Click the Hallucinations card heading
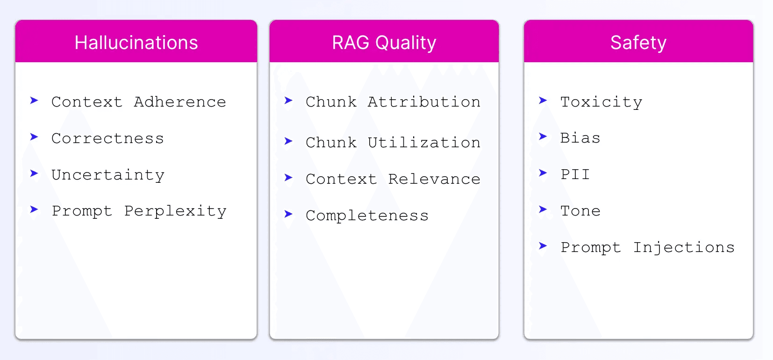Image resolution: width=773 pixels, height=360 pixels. pos(136,43)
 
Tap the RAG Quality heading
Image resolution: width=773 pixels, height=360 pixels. pos(384,43)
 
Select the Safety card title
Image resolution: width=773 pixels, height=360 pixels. pos(638,43)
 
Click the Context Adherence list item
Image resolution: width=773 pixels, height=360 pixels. pos(139,102)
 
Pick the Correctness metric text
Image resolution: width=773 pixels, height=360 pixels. pos(107,138)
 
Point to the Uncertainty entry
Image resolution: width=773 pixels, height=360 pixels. pos(108,175)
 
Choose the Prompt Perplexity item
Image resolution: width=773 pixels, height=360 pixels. pos(139,211)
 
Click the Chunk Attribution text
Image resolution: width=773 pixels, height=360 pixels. pos(393,102)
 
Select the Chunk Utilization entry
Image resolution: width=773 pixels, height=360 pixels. pos(393,143)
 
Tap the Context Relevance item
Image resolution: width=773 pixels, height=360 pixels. pos(393,179)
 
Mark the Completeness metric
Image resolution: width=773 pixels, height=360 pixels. pos(367,216)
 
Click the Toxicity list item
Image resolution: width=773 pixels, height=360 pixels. pos(601,102)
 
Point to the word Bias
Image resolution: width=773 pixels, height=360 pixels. pos(580,138)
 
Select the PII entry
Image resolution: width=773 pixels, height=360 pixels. pos(575,174)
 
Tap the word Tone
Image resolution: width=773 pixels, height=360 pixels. pos(580,211)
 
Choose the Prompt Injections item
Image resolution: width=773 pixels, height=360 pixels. pos(648,247)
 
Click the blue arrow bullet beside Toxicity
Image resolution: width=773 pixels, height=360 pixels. pos(543,101)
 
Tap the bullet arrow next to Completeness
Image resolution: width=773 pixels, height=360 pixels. pos(288,214)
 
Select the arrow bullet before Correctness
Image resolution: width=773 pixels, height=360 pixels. pos(34,137)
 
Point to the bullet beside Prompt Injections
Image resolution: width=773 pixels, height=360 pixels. pos(543,246)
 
